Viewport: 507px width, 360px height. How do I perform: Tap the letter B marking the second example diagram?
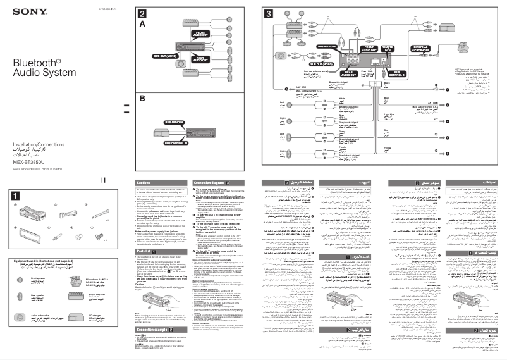[x=142, y=99]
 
